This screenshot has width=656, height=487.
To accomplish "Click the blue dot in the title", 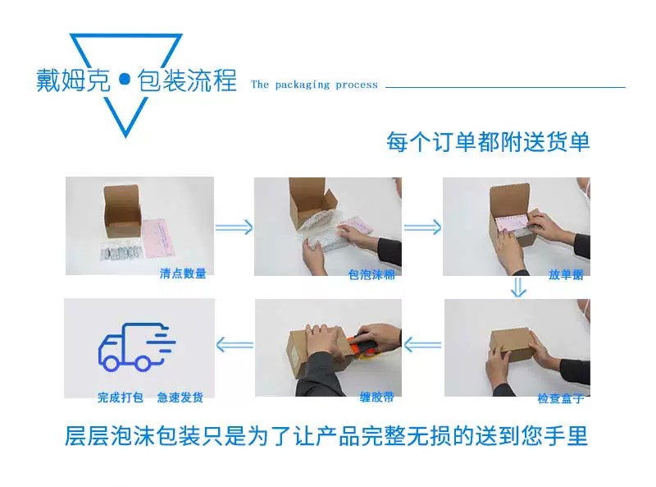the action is click(125, 79).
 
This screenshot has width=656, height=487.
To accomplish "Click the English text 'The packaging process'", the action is click(314, 85).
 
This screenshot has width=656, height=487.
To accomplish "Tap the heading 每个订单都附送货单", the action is click(488, 141).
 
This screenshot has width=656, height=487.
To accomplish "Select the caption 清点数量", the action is click(183, 273).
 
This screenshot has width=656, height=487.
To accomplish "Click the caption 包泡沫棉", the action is click(371, 274).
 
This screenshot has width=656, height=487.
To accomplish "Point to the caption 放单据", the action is click(566, 274).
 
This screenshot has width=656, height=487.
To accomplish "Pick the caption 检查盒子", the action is click(561, 397).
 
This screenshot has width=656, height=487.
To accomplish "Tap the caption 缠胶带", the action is click(376, 397).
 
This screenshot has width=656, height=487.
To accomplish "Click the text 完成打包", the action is click(121, 397).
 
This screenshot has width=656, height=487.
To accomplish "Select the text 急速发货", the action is click(180, 397).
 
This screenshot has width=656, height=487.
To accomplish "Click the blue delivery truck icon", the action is click(137, 347).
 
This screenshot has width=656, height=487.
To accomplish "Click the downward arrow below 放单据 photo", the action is click(518, 287).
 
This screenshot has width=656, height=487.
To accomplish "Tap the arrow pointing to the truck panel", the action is click(235, 346).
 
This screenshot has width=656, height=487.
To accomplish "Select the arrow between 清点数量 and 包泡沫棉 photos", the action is click(235, 227).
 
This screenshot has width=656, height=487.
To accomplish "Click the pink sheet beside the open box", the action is click(158, 237).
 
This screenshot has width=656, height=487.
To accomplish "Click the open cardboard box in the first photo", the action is click(121, 212).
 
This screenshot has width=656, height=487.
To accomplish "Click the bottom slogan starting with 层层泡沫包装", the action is click(326, 435).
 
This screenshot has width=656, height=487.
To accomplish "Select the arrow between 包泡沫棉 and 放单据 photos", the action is click(422, 227).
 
